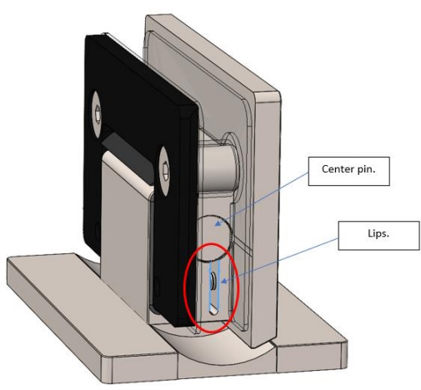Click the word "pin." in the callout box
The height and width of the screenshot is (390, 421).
(366, 169)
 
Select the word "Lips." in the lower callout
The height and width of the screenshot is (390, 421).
(378, 233)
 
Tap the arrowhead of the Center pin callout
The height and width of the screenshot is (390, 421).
(218, 222)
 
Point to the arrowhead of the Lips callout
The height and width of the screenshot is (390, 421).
(223, 281)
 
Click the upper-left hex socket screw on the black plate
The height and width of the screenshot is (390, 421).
(97, 114)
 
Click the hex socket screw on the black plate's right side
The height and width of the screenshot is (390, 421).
(164, 172)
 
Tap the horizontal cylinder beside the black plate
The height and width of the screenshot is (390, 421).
(219, 167)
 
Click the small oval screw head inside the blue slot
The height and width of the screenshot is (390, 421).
(213, 281)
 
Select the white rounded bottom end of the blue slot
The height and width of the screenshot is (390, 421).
(214, 310)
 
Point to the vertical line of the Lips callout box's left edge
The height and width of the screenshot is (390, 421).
(338, 236)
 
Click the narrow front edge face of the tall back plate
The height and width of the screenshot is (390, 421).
(267, 219)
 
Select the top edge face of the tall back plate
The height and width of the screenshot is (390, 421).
(211, 52)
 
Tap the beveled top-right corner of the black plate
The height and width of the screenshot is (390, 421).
(189, 111)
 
